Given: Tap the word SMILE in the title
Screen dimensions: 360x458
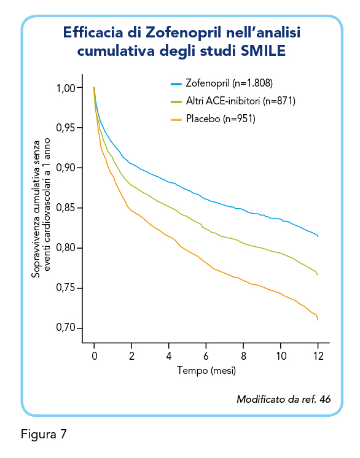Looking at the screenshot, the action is pos(263,51).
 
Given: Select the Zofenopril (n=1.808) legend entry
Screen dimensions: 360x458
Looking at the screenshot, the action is pos(222,83).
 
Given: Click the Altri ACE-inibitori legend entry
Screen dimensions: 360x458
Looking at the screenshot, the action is pos(233,101).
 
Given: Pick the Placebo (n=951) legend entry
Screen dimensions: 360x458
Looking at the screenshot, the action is pos(213,119).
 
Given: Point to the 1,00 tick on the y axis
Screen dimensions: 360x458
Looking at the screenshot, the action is pos(66,88).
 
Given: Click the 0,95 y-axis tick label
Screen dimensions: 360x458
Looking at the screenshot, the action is pos(66,128).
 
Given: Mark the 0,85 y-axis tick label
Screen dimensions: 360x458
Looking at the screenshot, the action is pos(66,208).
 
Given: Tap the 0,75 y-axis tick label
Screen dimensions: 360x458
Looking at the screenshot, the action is pos(66,288).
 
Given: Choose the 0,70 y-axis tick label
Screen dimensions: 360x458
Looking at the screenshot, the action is pos(66,328).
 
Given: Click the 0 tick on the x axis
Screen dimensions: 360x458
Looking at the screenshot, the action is pos(95,356).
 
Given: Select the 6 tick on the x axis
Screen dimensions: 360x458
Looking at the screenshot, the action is pos(206,356).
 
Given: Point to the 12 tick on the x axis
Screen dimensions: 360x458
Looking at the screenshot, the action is pos(318,356).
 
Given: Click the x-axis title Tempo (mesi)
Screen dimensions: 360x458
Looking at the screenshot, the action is pos(206,371).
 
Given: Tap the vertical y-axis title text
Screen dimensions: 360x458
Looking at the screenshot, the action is pos(41,208).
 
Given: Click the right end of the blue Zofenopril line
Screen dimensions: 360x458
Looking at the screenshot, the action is pos(318,236).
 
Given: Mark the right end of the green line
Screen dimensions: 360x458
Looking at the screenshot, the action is pos(318,274).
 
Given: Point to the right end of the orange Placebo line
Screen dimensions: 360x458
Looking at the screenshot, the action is pos(318,320).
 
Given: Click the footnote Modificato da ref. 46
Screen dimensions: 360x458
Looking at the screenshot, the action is pos(283,399).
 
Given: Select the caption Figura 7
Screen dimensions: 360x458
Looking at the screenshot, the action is pos(44,434).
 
